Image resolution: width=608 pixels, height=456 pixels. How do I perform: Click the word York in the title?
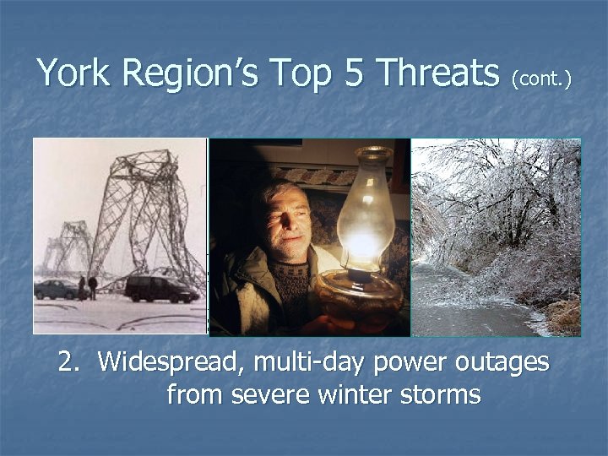[75, 73]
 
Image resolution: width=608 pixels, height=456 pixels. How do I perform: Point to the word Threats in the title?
[438, 73]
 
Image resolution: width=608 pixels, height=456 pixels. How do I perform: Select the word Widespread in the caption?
[165, 363]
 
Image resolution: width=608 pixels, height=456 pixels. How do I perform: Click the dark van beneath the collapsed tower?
[160, 289]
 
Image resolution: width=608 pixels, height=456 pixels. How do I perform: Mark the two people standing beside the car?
[86, 287]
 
